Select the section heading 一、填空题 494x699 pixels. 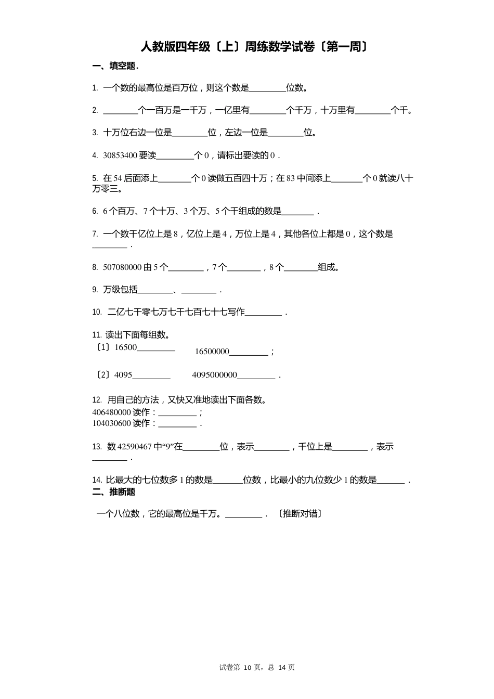[x=115, y=66]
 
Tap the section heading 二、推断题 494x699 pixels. [x=114, y=492]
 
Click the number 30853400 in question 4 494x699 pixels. [x=120, y=156]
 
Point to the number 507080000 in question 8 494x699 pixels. [x=122, y=267]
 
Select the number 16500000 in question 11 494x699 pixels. [x=212, y=352]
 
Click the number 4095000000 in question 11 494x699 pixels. [x=214, y=375]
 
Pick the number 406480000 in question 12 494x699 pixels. [x=111, y=412]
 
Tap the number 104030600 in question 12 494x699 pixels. [x=111, y=423]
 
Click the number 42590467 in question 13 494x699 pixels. [x=135, y=447]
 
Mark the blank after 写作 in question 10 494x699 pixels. [x=263, y=313]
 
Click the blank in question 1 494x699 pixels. [x=268, y=89]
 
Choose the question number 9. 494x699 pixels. [x=95, y=290]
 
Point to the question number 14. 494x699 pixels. [x=97, y=480]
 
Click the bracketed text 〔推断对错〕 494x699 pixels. [x=300, y=514]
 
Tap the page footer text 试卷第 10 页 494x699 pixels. [x=240, y=667]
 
